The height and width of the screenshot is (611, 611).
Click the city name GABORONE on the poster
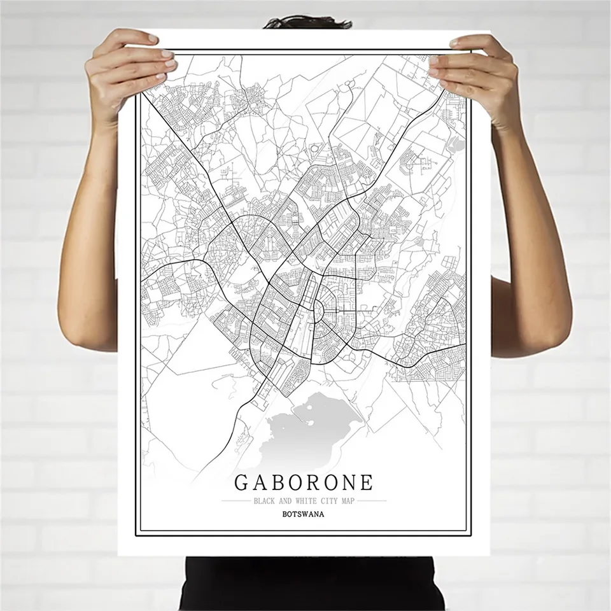[304, 481]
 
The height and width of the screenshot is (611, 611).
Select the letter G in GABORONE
[244, 481]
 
